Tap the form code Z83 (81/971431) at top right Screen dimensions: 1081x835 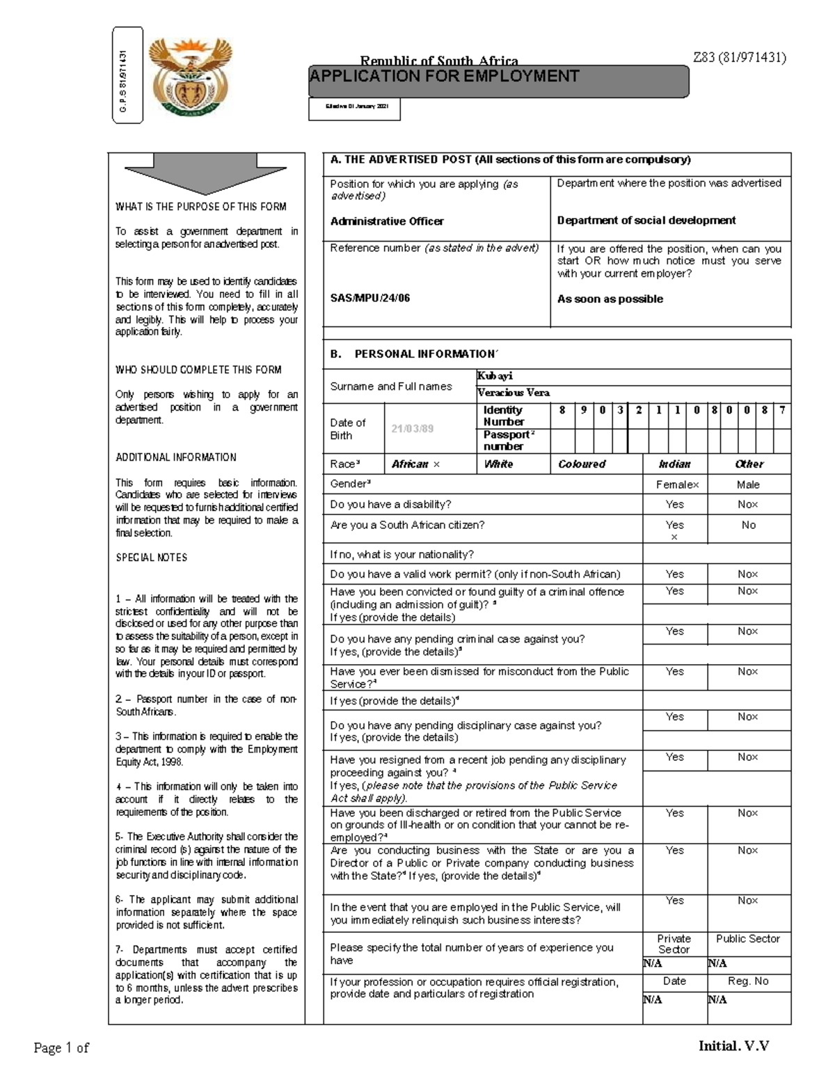click(739, 58)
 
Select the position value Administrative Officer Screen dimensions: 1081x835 click(387, 221)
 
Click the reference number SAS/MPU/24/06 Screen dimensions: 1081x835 click(370, 298)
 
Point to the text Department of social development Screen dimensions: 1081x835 click(646, 221)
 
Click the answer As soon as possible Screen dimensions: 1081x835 click(610, 299)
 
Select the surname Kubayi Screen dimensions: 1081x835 click(495, 376)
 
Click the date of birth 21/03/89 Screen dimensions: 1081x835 click(413, 429)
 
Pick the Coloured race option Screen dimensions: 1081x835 click(582, 464)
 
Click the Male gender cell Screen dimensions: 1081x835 click(748, 484)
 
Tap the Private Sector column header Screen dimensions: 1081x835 click(674, 944)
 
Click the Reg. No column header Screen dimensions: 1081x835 click(748, 981)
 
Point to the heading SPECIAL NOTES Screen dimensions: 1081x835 click(151, 558)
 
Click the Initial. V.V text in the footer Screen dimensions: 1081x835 click(733, 1046)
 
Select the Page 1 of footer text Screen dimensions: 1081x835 click(61, 1048)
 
